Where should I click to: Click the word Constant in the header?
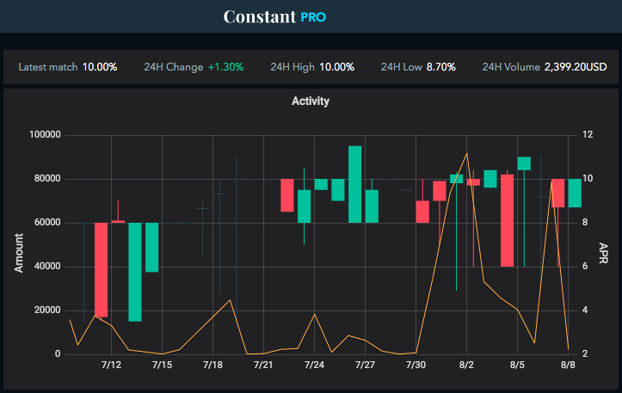[260, 16]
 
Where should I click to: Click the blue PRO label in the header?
[314, 17]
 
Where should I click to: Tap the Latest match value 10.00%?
[100, 67]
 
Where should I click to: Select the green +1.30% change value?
[225, 67]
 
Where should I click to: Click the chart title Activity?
[311, 101]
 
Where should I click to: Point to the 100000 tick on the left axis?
[44, 135]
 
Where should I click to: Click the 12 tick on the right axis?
[588, 135]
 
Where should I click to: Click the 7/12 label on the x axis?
[111, 365]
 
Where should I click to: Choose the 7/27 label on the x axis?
[365, 365]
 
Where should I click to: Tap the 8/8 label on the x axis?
[568, 365]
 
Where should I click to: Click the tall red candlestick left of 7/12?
[102, 269]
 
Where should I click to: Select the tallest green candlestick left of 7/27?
[354, 184]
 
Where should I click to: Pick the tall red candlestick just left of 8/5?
[508, 220]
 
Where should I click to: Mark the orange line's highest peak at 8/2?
[467, 153]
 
